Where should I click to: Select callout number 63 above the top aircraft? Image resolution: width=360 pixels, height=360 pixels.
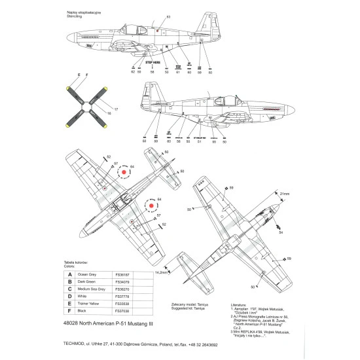[x=168, y=16]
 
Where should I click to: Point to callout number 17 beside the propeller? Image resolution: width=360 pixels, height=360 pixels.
[x=117, y=109]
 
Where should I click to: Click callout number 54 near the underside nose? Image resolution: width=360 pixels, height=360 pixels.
[x=281, y=233]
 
